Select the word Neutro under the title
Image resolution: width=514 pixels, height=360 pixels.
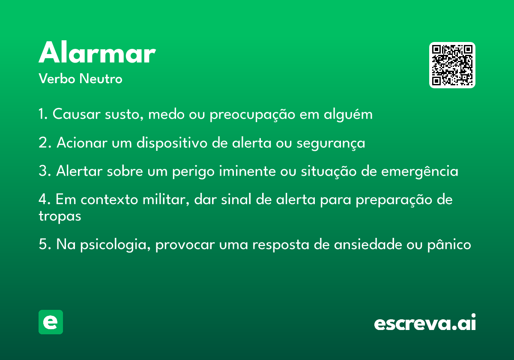[101, 78]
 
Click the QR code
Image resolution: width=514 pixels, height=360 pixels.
[452, 65]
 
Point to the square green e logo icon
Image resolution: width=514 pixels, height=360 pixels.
[51, 322]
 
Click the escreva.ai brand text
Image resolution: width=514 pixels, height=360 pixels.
[425, 322]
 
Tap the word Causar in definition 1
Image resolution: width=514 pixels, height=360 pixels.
[77, 114]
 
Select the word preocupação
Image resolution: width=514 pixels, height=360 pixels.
[252, 114]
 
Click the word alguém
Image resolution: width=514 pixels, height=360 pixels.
[348, 114]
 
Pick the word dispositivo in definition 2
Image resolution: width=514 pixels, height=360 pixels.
[172, 143]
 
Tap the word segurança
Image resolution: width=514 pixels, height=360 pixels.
[331, 143]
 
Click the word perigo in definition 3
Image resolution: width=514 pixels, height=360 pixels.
[193, 171]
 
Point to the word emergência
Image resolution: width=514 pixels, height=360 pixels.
[420, 171]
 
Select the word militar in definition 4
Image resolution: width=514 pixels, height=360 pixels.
[166, 199]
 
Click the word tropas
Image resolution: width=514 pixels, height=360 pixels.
[60, 216]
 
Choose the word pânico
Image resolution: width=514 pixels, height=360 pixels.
[449, 244]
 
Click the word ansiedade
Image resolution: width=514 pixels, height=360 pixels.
[368, 244]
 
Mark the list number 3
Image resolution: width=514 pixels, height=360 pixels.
[45, 171]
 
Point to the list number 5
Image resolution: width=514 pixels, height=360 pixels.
[45, 244]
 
